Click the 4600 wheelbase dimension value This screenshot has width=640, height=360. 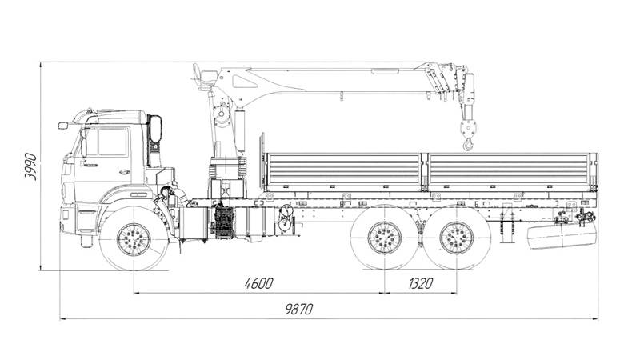[x=256, y=283]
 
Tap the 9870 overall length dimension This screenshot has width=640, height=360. [x=297, y=309]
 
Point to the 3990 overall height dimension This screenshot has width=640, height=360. [x=30, y=166]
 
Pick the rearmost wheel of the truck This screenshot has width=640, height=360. [x=457, y=238]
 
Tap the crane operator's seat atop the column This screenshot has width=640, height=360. [x=203, y=76]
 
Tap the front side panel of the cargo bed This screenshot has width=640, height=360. [x=344, y=169]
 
